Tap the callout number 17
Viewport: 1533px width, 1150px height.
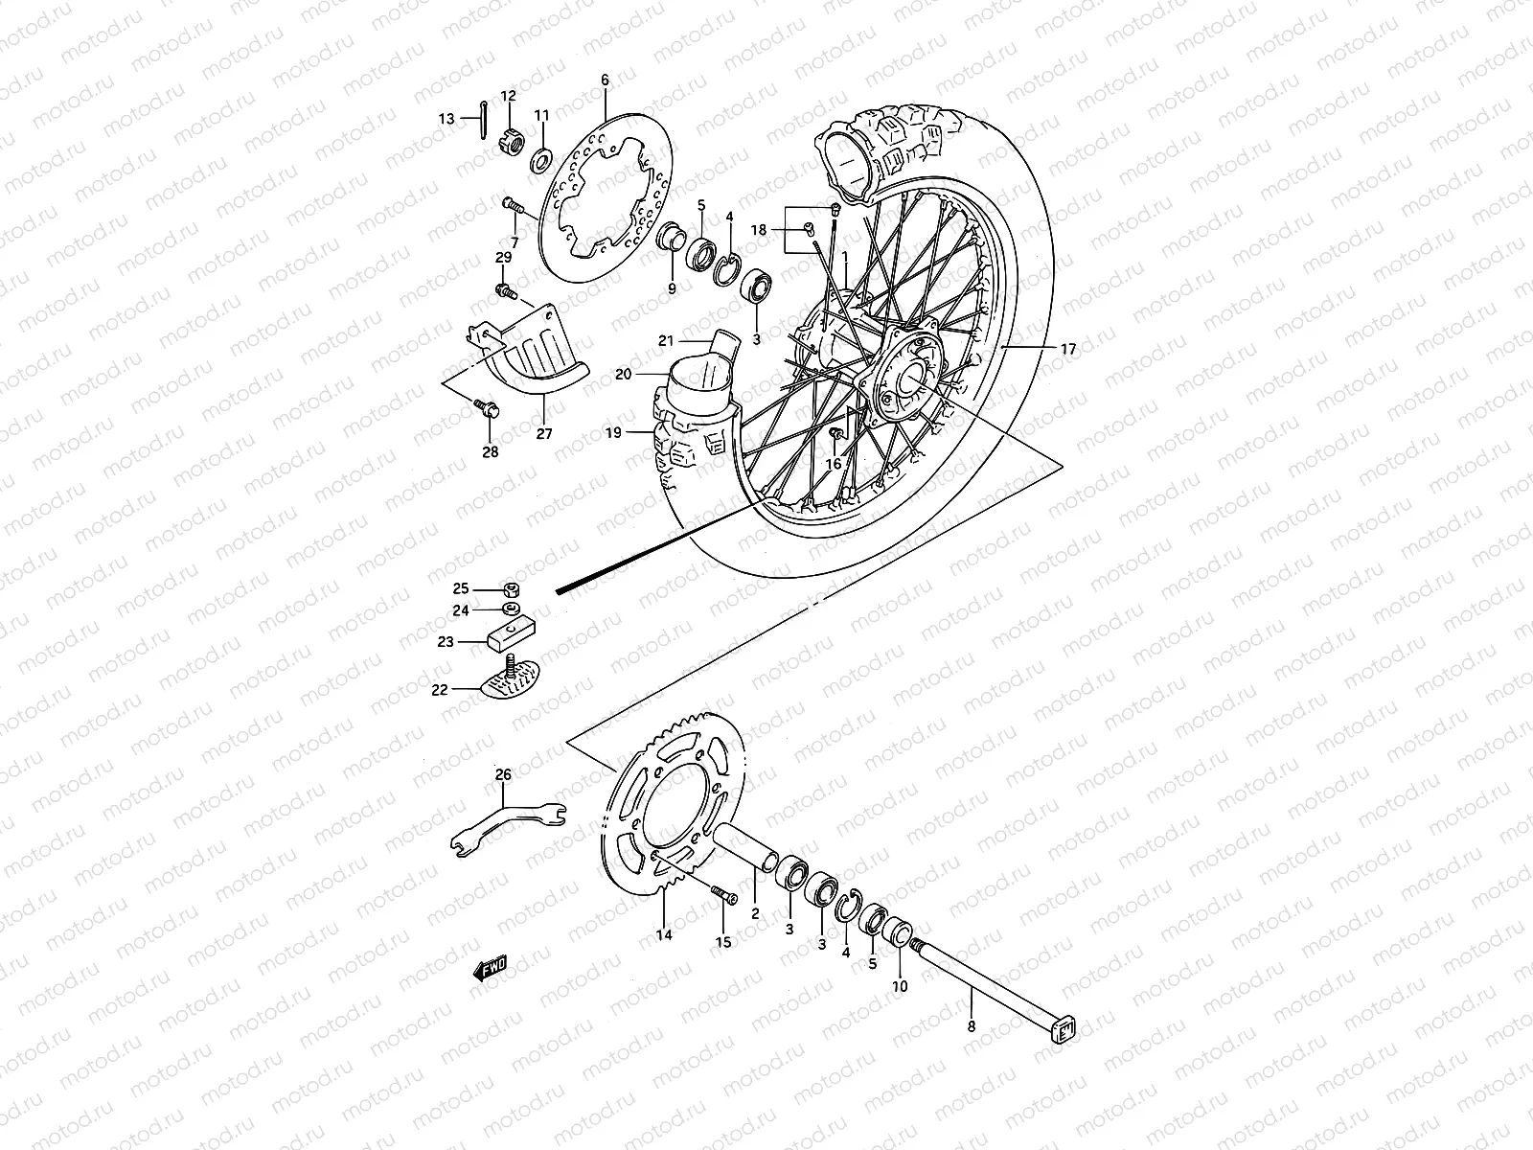1068,350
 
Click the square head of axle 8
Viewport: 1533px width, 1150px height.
1064,1030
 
